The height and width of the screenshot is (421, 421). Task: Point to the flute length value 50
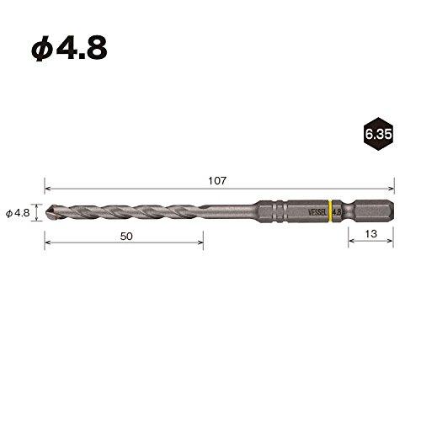coord(126,237)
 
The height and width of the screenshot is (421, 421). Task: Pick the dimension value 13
coord(371,237)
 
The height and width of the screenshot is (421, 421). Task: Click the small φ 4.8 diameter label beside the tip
coord(18,213)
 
